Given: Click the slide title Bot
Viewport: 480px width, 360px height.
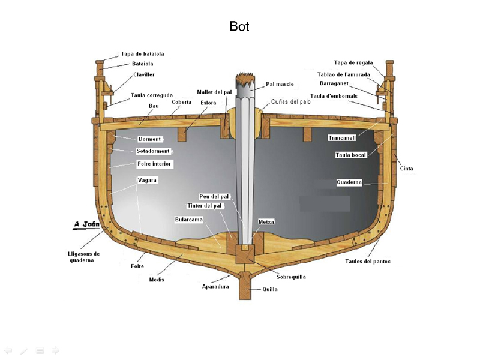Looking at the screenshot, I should coord(239,26).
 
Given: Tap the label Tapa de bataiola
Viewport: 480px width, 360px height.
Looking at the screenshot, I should coord(142,54).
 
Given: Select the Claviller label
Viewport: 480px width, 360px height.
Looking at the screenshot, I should coord(144,74).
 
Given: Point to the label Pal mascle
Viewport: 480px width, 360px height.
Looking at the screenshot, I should coord(280,84).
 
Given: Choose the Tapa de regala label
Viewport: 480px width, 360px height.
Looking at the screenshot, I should coord(353,62).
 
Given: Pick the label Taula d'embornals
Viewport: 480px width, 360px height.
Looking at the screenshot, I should coord(334,95).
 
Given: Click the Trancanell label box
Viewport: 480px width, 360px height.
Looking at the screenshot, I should coord(342,138).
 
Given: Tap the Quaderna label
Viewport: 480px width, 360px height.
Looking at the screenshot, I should coord(349,182).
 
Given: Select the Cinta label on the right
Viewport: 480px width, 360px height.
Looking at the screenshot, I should coord(406,169).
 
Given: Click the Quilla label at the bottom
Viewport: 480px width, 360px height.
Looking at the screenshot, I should coord(270,289).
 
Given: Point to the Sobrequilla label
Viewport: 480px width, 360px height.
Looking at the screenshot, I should coord(290,277).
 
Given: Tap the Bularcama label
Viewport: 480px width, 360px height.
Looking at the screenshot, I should coord(188,220).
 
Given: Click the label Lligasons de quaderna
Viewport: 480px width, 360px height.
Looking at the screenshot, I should coord(84,257).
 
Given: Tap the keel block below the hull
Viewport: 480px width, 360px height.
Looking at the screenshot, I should coord(246,287).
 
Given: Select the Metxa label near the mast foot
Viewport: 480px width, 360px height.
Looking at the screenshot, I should coord(266,222).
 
